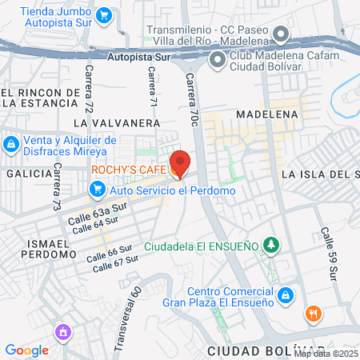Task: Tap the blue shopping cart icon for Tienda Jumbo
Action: point(103,15)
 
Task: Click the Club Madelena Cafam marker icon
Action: point(217,60)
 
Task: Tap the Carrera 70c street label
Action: point(192,100)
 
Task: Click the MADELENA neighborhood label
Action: point(266,114)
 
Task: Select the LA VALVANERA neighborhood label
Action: point(116,123)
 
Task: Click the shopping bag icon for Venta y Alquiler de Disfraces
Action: point(10,145)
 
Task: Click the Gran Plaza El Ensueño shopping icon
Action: point(284,298)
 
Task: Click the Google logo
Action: point(26,350)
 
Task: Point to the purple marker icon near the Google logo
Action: point(62,331)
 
